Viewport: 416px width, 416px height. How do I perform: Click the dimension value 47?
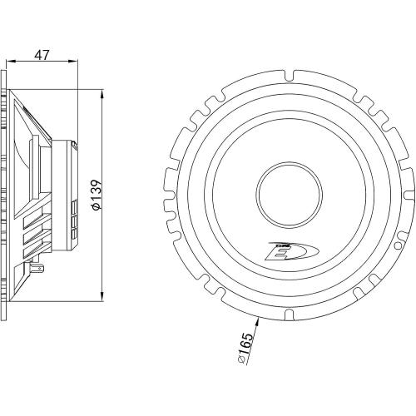tap(42, 55)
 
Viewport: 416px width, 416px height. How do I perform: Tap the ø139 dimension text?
tap(97, 195)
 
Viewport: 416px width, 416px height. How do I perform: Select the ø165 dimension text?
tap(245, 348)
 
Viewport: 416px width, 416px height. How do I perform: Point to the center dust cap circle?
tap(289, 194)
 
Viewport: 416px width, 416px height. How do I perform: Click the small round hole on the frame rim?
tap(398, 245)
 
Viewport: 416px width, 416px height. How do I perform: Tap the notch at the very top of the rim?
tap(290, 76)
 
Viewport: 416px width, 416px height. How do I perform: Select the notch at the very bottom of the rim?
tap(289, 313)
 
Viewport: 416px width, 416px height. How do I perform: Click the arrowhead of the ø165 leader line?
tap(258, 322)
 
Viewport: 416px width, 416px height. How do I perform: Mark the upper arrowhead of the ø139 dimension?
tap(102, 94)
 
